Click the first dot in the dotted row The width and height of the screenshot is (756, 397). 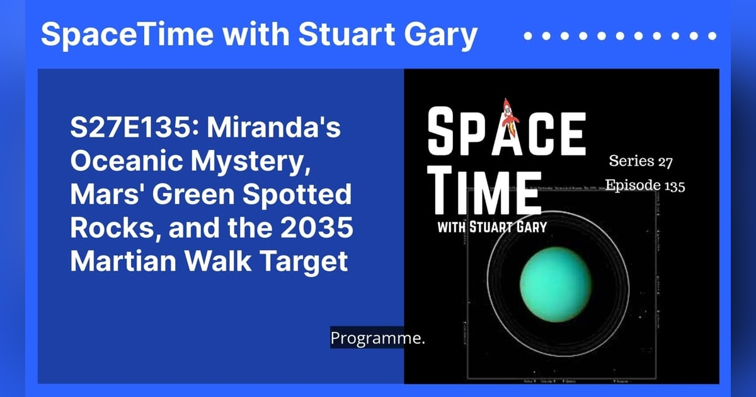coord(528,36)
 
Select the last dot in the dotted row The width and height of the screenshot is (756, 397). coord(713,36)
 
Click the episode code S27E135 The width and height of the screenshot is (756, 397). coord(132,130)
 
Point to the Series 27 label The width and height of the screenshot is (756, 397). coord(641,161)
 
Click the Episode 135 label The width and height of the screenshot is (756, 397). coord(644,186)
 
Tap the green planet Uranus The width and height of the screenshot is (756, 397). coord(556,279)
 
